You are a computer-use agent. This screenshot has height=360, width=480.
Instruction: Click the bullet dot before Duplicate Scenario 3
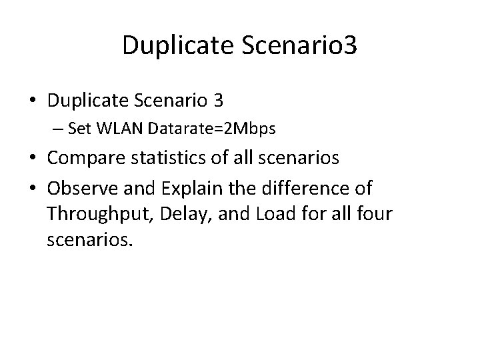33,101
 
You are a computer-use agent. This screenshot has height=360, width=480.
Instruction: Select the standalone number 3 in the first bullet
218,101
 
